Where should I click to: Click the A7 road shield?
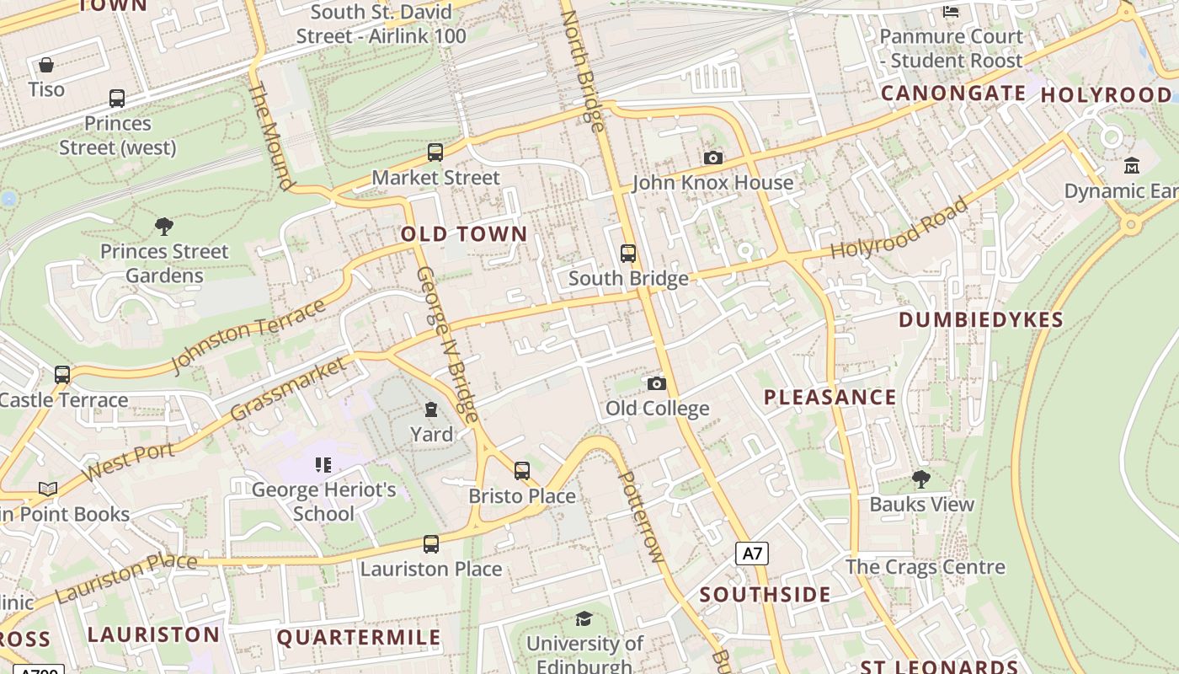(x=752, y=554)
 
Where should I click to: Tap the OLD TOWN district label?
(x=464, y=234)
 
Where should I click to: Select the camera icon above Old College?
(x=657, y=384)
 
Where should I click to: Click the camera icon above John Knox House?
(x=712, y=158)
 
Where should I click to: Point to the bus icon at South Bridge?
(x=627, y=253)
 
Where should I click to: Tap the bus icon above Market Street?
(x=435, y=152)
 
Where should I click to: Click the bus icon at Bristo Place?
(x=522, y=471)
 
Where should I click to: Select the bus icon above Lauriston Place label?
(x=431, y=544)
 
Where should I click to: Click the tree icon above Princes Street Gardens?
(x=164, y=226)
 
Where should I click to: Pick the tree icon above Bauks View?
(x=921, y=479)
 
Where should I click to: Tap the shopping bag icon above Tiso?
(x=46, y=65)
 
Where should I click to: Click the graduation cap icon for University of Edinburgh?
(x=584, y=619)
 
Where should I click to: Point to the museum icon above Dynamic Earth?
(x=1131, y=166)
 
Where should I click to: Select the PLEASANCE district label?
(x=830, y=397)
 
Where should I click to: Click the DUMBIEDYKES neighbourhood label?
(x=981, y=319)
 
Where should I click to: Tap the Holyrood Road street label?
(x=899, y=228)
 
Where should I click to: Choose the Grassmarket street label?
(x=288, y=388)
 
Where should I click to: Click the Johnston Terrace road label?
(x=248, y=336)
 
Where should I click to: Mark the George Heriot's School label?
(x=324, y=501)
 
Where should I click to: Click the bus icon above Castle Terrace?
(x=62, y=374)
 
